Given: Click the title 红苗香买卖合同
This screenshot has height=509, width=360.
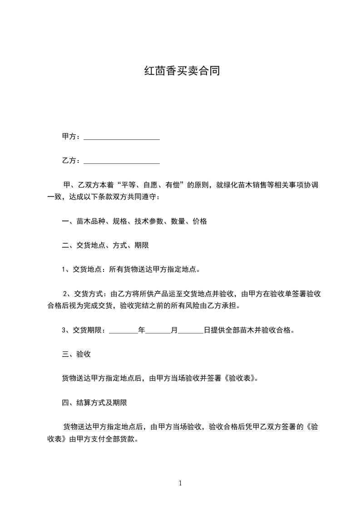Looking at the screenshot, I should pos(182,71).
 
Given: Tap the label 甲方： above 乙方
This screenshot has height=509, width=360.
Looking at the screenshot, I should pos(72,137).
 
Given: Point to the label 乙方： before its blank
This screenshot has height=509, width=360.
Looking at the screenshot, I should pos(72,161).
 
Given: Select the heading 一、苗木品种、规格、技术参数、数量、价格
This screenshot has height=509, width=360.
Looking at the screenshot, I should pos(134,221).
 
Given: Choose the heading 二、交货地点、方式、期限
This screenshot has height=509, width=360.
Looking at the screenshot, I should pos(105,245).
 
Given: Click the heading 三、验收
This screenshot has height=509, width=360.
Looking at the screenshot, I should pos(76,354).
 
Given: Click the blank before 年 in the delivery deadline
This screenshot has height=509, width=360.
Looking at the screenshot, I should pos(123,330).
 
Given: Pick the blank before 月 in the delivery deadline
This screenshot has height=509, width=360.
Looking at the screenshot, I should pos(158,330).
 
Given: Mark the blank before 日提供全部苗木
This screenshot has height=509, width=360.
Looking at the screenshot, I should pos(191,330).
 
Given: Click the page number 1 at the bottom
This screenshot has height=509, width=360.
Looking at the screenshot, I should pos(180,483).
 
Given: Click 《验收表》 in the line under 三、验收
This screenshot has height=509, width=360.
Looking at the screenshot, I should pos(241,378).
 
